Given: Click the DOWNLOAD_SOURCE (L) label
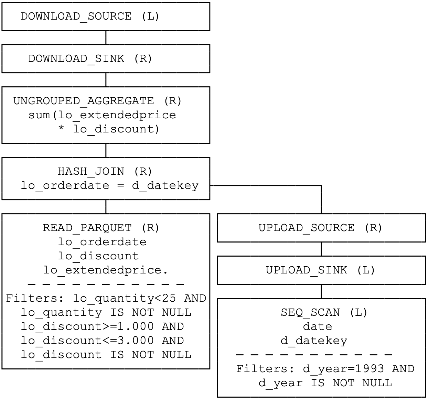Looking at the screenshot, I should point(90,17).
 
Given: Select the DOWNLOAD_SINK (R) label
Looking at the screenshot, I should point(90,59).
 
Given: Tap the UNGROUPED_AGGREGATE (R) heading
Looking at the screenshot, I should point(97,101).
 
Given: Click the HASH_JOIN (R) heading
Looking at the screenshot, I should point(105,171).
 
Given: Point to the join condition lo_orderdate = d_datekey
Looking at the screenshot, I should point(110,185).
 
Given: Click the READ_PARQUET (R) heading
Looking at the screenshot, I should point(101,228).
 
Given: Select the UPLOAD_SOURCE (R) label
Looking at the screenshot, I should point(320,228).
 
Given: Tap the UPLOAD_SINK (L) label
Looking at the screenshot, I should point(320,270).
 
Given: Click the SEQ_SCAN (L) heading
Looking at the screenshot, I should point(324,312).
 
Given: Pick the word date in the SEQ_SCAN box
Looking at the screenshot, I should point(318,326).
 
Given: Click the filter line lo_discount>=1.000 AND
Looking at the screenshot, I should point(102,326).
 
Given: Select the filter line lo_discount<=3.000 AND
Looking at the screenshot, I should point(102,341).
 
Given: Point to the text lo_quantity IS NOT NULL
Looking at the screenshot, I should point(106,312).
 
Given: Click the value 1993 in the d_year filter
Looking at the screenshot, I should point(369,369).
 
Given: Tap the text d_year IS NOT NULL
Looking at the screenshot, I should point(325,383).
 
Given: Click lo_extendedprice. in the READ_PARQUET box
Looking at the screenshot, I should point(106,270).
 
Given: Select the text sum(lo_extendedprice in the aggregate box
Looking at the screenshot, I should point(102,115).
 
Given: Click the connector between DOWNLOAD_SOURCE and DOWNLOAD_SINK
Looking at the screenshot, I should point(106,37).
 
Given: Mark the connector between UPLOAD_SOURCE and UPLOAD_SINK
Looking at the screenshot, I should point(321,249).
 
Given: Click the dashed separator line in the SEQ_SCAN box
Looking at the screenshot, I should point(314,355).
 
